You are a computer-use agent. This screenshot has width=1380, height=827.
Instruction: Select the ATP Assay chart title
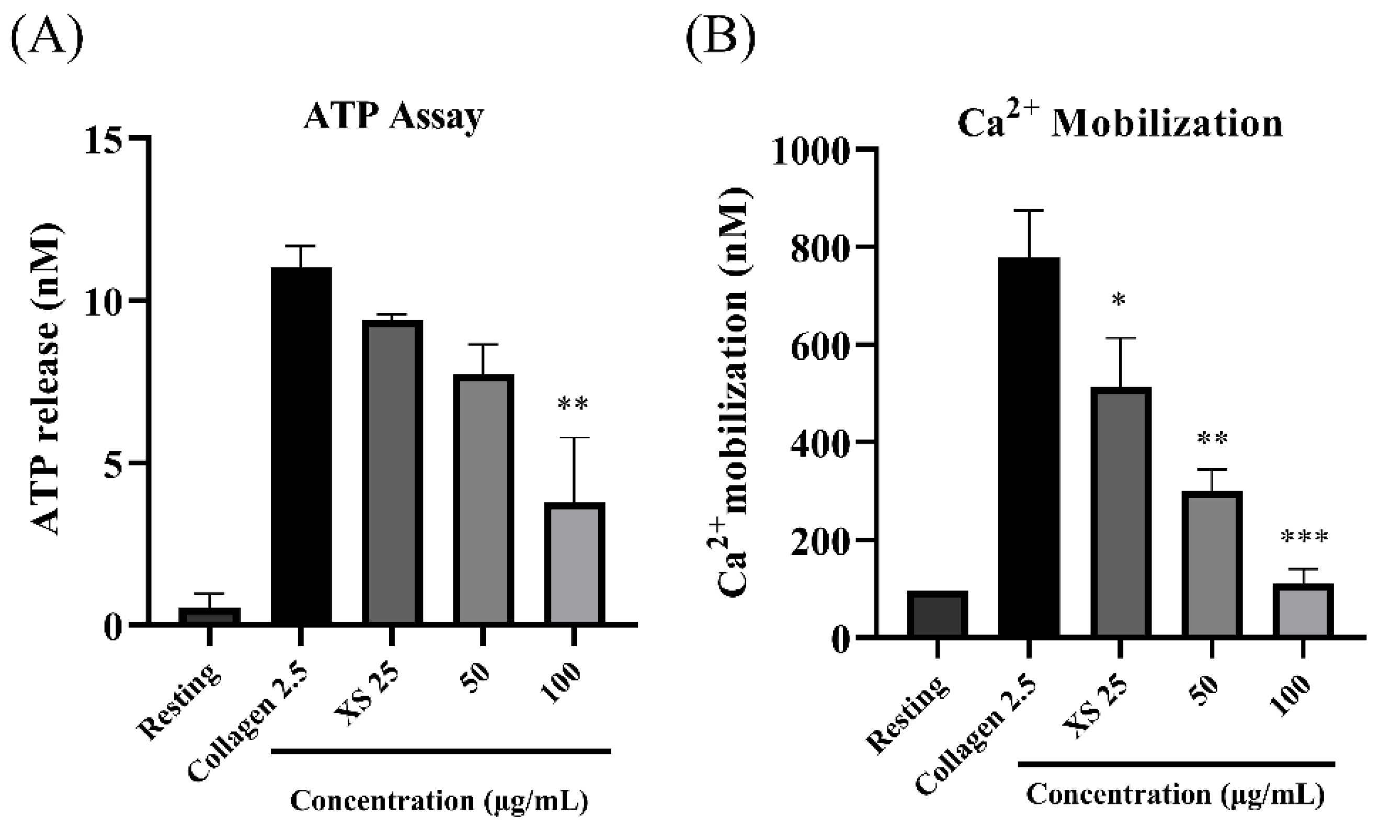(x=393, y=117)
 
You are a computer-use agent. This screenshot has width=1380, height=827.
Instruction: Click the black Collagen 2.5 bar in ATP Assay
(x=301, y=446)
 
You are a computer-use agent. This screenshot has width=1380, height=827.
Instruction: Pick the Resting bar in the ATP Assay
(x=210, y=616)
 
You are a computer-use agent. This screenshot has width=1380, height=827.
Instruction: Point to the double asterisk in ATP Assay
(x=573, y=403)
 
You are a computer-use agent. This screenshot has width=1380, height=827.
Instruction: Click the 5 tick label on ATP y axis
(x=113, y=462)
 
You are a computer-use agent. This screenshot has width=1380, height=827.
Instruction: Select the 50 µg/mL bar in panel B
(x=1212, y=564)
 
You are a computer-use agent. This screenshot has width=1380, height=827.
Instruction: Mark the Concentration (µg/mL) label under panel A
(x=439, y=801)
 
